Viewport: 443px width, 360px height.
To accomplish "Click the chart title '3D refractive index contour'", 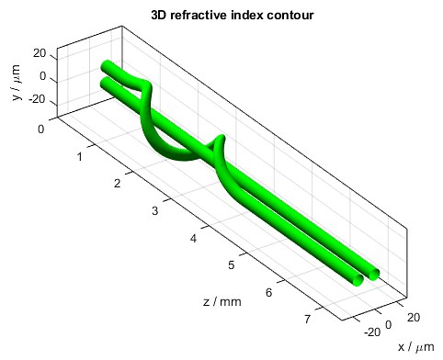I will point(221,15).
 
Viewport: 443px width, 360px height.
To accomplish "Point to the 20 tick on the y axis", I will point(39,53).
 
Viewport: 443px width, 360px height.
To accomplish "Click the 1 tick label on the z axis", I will point(80,156).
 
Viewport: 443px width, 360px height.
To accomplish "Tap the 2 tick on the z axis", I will point(118,184).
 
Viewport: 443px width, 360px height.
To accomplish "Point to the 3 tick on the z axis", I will point(155,211).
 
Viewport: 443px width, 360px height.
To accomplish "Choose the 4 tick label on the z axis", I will point(193,239).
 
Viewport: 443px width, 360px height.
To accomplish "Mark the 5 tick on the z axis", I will point(231,266).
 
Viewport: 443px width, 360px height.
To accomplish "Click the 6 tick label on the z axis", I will point(268,293).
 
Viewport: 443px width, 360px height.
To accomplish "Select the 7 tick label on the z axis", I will point(306,321).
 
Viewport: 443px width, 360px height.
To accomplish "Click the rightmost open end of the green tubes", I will point(373,273).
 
